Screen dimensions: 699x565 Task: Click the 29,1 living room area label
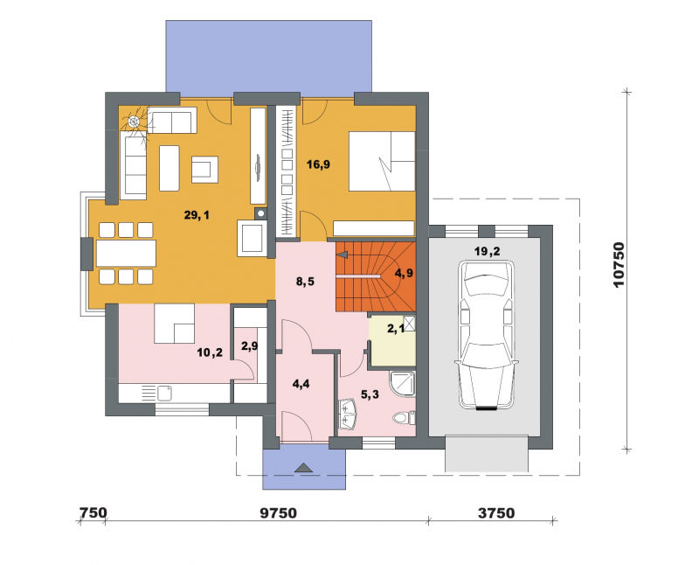pos(197,215)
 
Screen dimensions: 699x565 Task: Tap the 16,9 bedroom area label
pos(318,164)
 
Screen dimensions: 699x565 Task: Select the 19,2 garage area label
pos(488,252)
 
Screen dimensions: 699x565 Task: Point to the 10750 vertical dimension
pos(619,265)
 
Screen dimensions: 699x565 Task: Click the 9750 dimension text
pos(278,513)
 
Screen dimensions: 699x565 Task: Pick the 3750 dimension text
pos(496,513)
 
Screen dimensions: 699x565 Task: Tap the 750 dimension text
pos(93,513)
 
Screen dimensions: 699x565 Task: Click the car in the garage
pos(487,336)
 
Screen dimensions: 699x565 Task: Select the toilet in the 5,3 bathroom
pos(405,419)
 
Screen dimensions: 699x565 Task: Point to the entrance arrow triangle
pos(304,467)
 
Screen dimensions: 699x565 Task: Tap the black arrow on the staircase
pos(343,255)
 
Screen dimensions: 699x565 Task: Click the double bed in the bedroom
pos(382,161)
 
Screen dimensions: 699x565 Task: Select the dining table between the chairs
pos(126,253)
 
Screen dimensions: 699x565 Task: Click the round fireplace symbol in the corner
pos(134,121)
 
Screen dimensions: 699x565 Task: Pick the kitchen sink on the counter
pos(164,394)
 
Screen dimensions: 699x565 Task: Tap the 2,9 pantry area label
pos(249,346)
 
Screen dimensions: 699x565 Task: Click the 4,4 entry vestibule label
pos(301,384)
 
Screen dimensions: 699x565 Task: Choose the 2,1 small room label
pos(396,330)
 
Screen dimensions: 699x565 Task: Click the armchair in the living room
pos(205,169)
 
